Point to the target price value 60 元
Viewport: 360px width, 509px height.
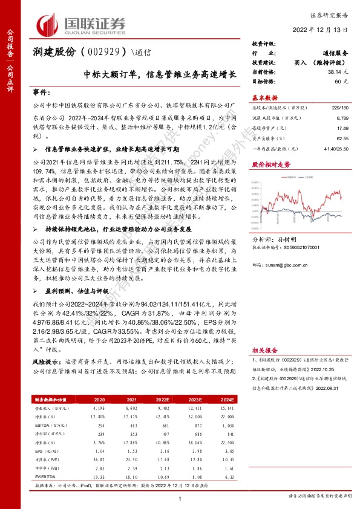[342, 80]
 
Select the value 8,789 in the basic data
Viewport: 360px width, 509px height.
[342, 119]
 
